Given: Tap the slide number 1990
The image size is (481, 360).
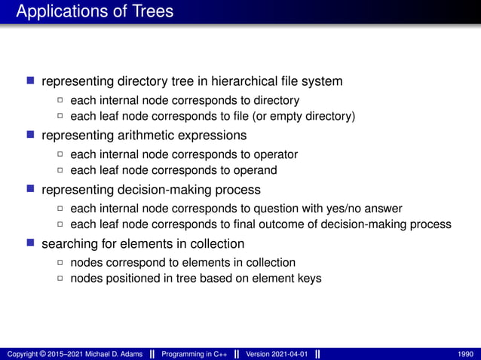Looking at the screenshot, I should click(x=466, y=354).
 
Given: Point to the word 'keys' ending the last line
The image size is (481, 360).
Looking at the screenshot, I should click(x=309, y=279).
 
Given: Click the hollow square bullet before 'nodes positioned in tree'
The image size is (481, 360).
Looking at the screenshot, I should click(x=60, y=279).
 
